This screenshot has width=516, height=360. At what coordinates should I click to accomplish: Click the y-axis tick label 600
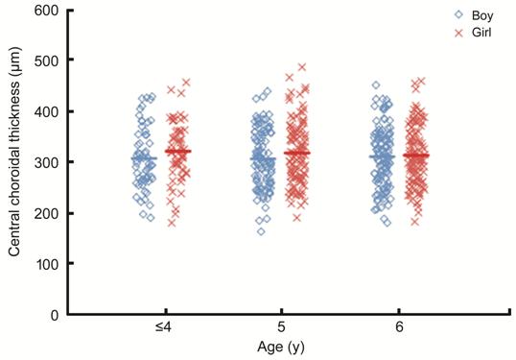[46, 11]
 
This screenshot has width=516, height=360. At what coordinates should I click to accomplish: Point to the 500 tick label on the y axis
[46, 60]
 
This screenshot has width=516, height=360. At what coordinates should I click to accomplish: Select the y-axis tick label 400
[46, 111]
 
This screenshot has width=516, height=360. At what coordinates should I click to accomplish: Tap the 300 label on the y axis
[46, 162]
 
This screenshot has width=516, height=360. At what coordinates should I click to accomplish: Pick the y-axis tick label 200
[46, 213]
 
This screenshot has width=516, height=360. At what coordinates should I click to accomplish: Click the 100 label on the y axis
[46, 264]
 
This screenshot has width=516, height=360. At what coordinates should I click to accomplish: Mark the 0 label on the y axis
[55, 315]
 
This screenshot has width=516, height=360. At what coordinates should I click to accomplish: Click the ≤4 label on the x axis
[164, 327]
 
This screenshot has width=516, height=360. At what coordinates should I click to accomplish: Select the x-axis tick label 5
[281, 327]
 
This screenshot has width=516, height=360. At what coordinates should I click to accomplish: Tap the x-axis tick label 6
[399, 327]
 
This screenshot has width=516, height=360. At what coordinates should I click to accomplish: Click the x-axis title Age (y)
[281, 348]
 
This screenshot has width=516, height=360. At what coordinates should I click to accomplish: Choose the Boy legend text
[482, 15]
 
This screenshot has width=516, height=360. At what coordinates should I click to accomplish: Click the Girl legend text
[481, 33]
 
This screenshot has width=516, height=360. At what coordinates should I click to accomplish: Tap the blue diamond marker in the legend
[458, 15]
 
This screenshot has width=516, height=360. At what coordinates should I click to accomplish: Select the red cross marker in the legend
[458, 33]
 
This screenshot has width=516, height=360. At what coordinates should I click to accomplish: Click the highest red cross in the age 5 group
[302, 67]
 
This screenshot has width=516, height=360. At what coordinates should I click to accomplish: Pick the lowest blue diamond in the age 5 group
[261, 231]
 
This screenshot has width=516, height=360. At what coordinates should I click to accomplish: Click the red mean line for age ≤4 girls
[178, 152]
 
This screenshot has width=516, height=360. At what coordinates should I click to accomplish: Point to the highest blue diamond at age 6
[376, 85]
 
